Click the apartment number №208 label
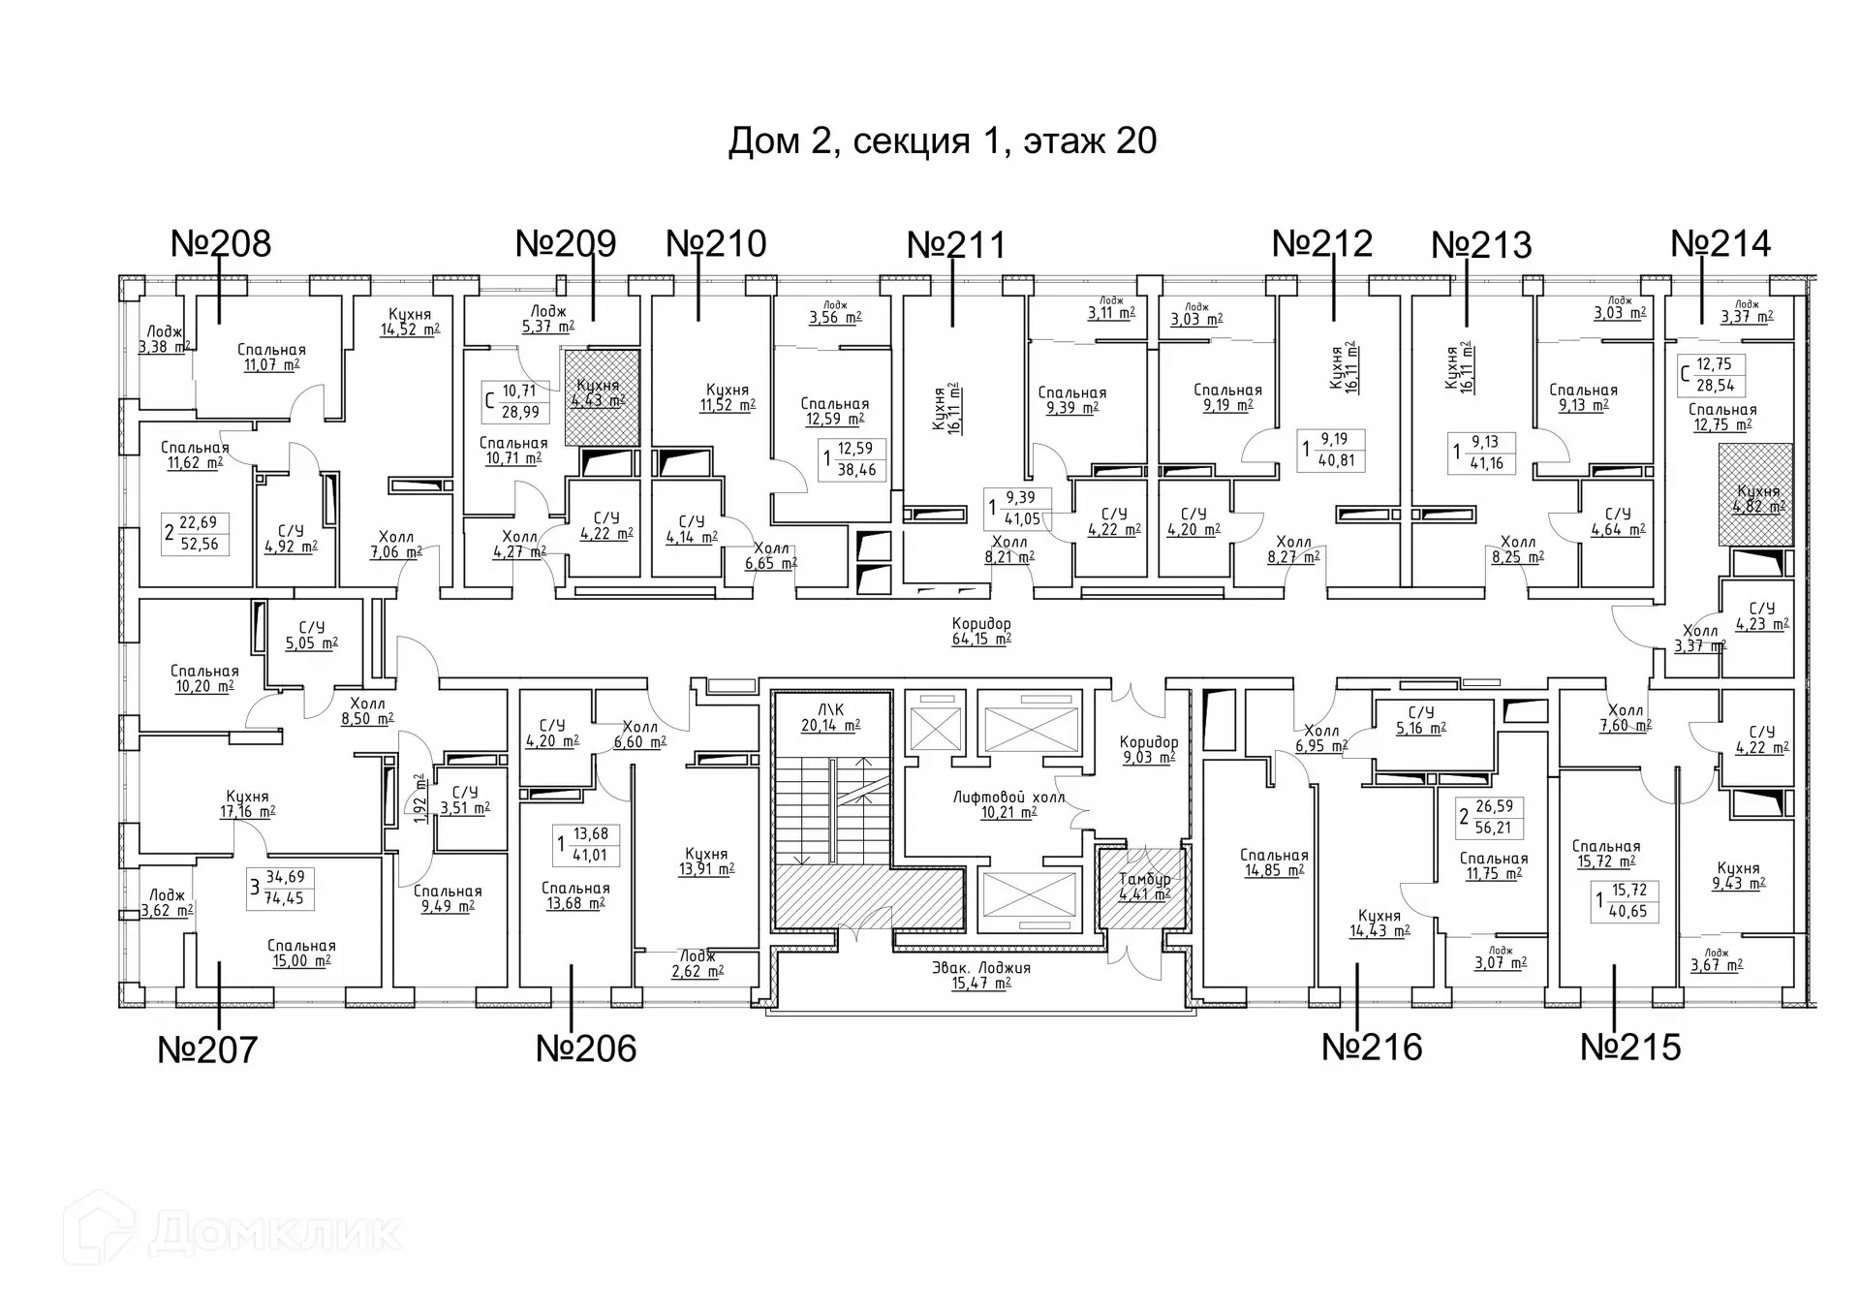click(x=221, y=243)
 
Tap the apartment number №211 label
click(x=956, y=245)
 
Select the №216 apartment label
click(x=1372, y=1048)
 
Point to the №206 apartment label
click(x=586, y=1049)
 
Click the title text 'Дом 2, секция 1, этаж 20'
click(x=942, y=141)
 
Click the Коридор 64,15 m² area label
click(x=981, y=631)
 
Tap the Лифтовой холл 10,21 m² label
click(x=1008, y=804)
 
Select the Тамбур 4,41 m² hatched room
click(x=1144, y=887)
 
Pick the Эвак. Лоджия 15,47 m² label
click(x=981, y=975)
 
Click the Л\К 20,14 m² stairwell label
click(x=830, y=717)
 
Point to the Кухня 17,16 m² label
click(x=247, y=804)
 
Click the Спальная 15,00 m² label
click(x=301, y=953)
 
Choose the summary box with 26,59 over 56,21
click(x=1491, y=817)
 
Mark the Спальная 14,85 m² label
click(x=1274, y=862)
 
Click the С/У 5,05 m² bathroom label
click(x=311, y=636)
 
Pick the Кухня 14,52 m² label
click(x=409, y=322)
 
